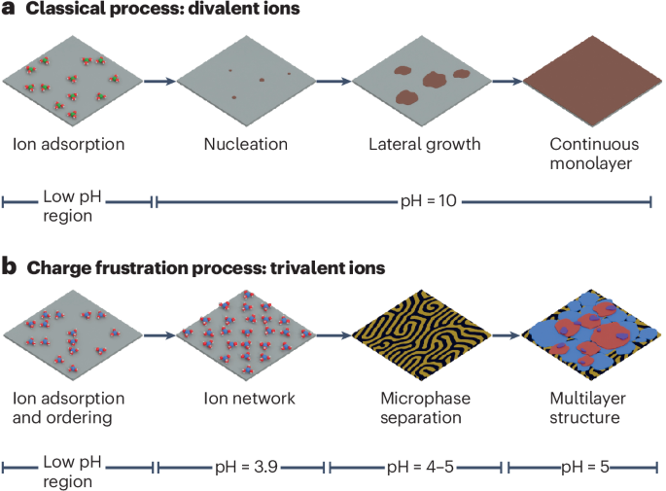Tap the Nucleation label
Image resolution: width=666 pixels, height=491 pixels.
[245, 145]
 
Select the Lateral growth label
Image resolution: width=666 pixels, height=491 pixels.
[424, 145]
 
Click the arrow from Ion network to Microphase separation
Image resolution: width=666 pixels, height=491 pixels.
[331, 333]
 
